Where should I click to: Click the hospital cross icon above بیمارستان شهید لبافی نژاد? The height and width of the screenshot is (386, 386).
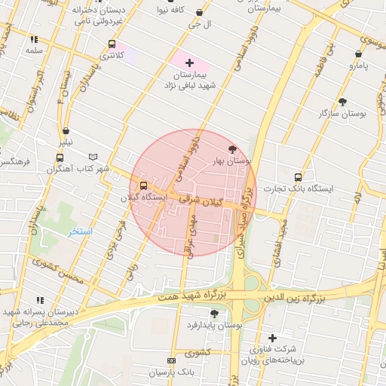(189, 63)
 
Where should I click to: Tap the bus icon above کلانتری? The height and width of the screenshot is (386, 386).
(112, 44)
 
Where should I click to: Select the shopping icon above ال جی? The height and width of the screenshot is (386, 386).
(199, 13)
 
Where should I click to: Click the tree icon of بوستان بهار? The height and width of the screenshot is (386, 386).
(231, 149)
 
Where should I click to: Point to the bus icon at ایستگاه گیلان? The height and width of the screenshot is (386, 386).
(143, 185)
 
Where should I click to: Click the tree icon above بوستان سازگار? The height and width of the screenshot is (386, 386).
(342, 101)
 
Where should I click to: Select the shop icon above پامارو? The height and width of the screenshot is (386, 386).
(358, 54)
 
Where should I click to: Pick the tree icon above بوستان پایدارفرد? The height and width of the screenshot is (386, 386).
(214, 313)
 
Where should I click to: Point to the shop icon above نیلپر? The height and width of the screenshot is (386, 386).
(66, 130)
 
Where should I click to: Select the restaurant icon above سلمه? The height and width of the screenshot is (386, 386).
(34, 38)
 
